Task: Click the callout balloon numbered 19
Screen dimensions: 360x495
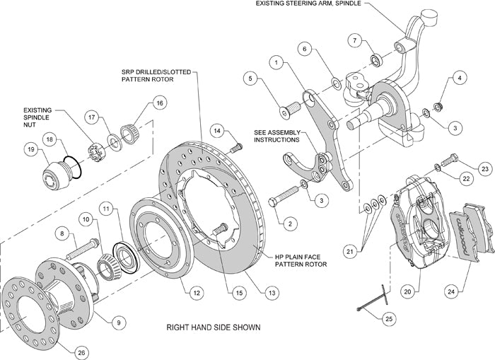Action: click(x=30, y=149)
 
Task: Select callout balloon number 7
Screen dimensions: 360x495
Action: click(x=356, y=40)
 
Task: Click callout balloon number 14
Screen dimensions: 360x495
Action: click(x=218, y=131)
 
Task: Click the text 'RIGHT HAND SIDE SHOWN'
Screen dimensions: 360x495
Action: click(x=213, y=327)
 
